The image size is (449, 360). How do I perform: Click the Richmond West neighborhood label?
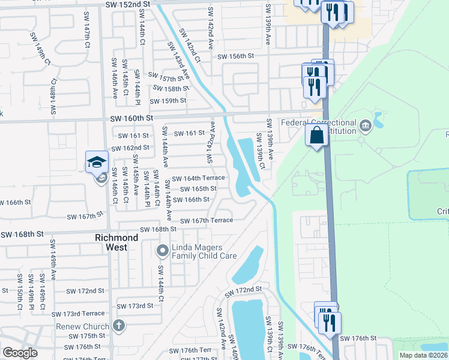click(116, 238)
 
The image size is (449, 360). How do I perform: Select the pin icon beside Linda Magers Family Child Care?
click(162, 250)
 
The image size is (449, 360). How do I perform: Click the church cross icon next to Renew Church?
click(119, 326)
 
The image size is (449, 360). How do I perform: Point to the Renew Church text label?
click(88, 326)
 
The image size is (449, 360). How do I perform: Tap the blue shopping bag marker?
click(317, 135)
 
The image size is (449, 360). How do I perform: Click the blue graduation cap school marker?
click(97, 163)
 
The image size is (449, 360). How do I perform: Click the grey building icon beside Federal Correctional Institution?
click(366, 125)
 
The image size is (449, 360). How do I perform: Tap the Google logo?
click(20, 353)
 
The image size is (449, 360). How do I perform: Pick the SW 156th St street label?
click(236, 56)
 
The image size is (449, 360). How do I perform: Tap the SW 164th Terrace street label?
click(198, 178)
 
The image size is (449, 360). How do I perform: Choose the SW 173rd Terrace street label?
click(78, 314)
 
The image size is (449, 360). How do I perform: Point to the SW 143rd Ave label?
click(181, 65)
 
